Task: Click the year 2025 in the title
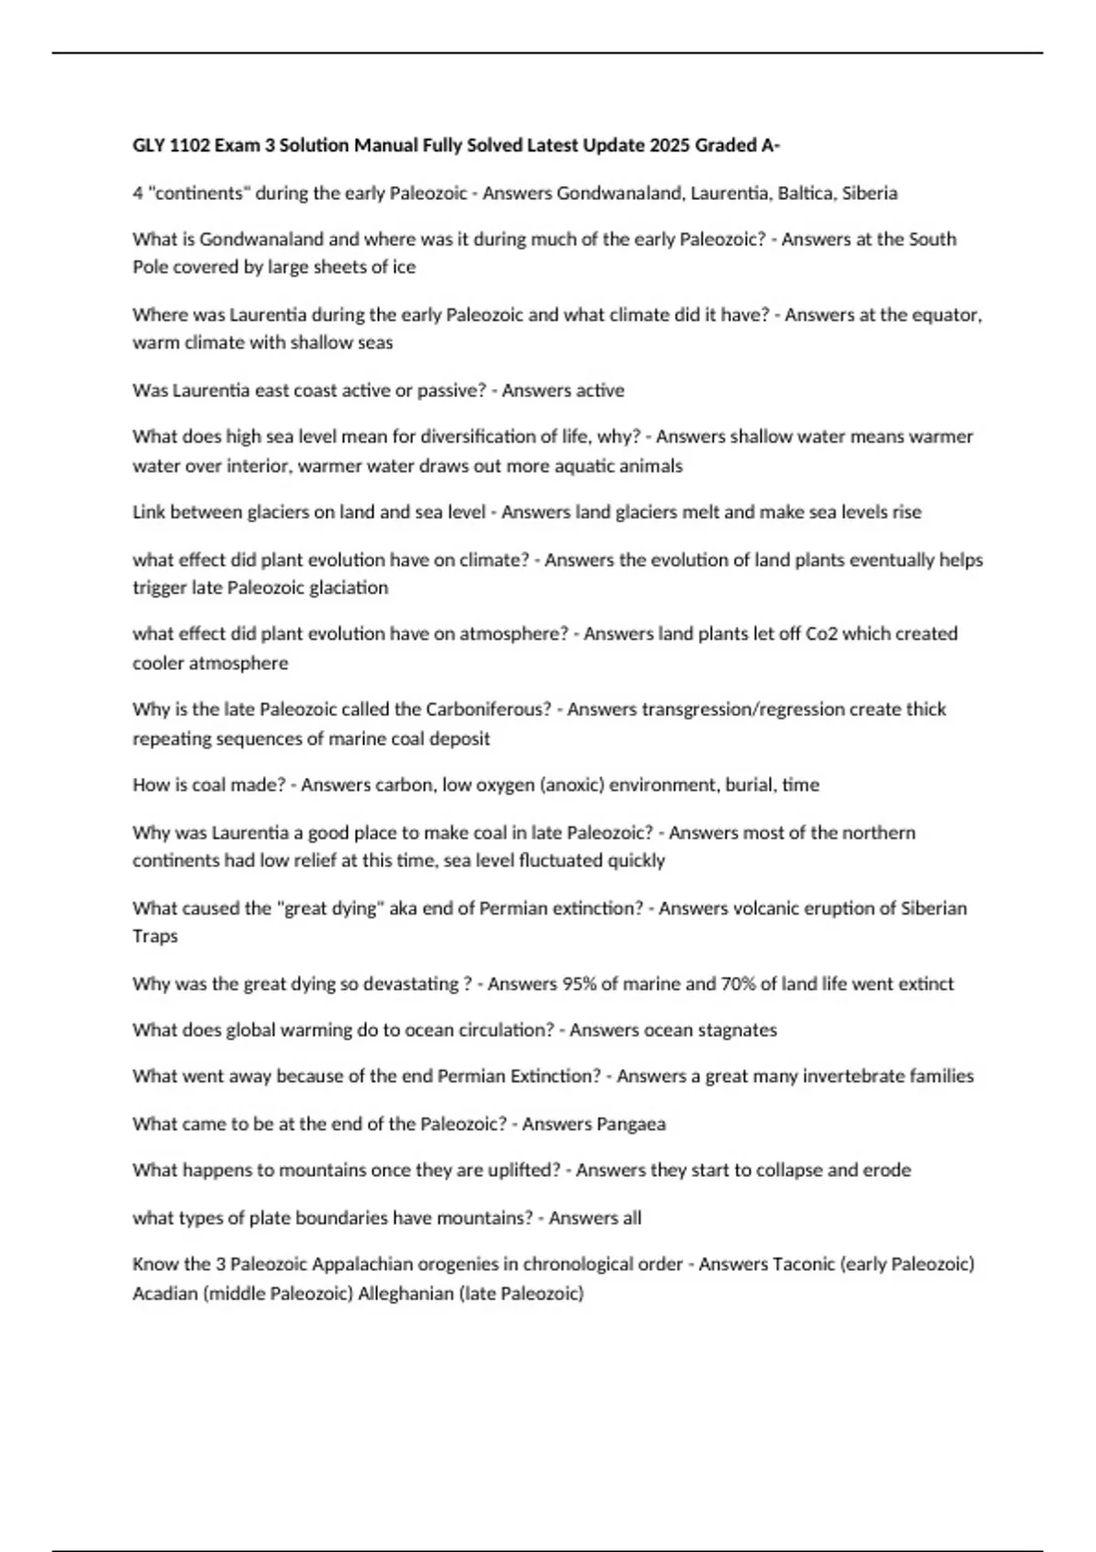point(670,145)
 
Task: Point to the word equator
point(948,315)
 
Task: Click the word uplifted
point(519,1170)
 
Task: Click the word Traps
point(155,937)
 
